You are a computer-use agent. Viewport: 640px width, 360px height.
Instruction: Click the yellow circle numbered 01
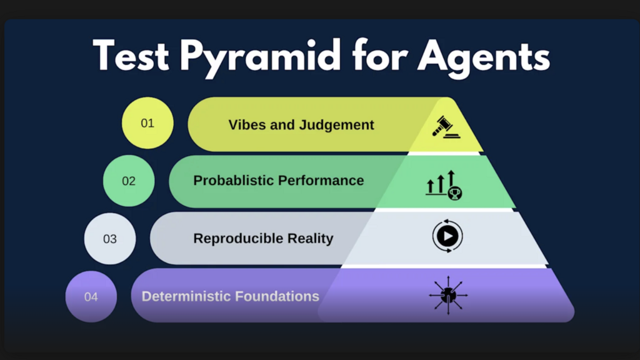click(147, 123)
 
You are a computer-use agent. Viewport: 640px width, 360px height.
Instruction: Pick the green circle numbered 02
click(129, 181)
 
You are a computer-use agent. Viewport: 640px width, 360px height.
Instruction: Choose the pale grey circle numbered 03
click(110, 239)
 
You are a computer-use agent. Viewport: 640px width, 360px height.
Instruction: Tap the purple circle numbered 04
click(91, 296)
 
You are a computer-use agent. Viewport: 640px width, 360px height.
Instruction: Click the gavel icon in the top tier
click(445, 126)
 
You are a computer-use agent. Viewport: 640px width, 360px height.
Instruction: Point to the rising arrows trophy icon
click(444, 184)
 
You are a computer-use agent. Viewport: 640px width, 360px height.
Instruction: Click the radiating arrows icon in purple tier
click(448, 293)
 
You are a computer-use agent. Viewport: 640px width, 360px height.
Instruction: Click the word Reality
click(311, 238)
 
